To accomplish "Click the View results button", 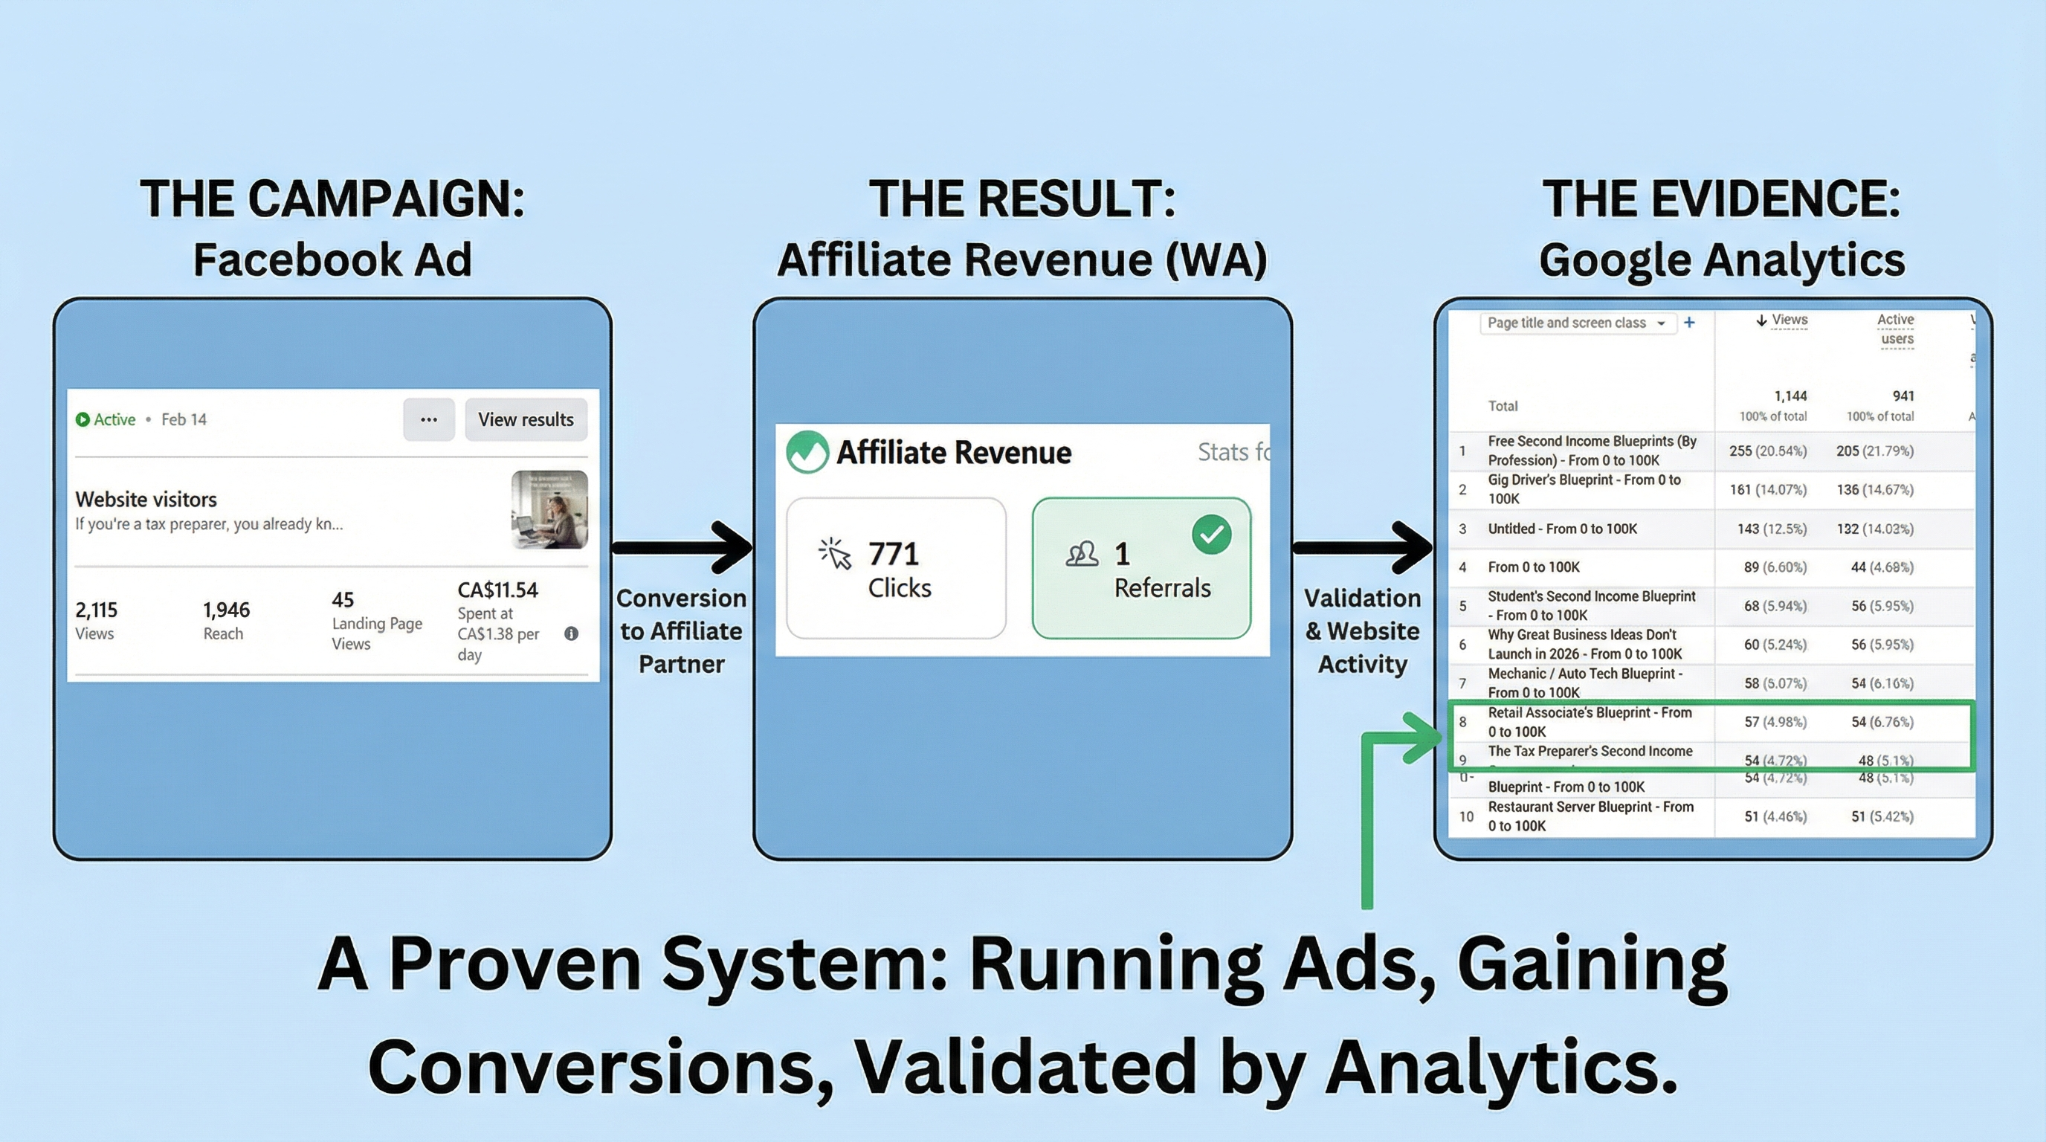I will (x=525, y=419).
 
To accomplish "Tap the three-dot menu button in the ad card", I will (x=429, y=419).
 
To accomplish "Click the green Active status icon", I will (x=82, y=419).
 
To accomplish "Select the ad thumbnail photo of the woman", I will (x=549, y=509).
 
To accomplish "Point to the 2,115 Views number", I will (x=96, y=610).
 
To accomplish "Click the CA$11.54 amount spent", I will (x=497, y=590).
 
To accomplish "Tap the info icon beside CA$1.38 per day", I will (x=571, y=633).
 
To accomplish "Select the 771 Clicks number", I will (x=893, y=554).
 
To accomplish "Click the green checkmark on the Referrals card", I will (x=1211, y=535).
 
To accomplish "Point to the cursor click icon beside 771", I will (x=835, y=554).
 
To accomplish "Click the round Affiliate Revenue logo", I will (x=807, y=452).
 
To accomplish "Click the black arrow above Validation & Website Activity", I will (x=1363, y=547).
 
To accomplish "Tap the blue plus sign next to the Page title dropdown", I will (x=1689, y=323).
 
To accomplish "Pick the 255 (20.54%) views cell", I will (x=1767, y=451).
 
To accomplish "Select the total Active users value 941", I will (x=1903, y=396).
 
